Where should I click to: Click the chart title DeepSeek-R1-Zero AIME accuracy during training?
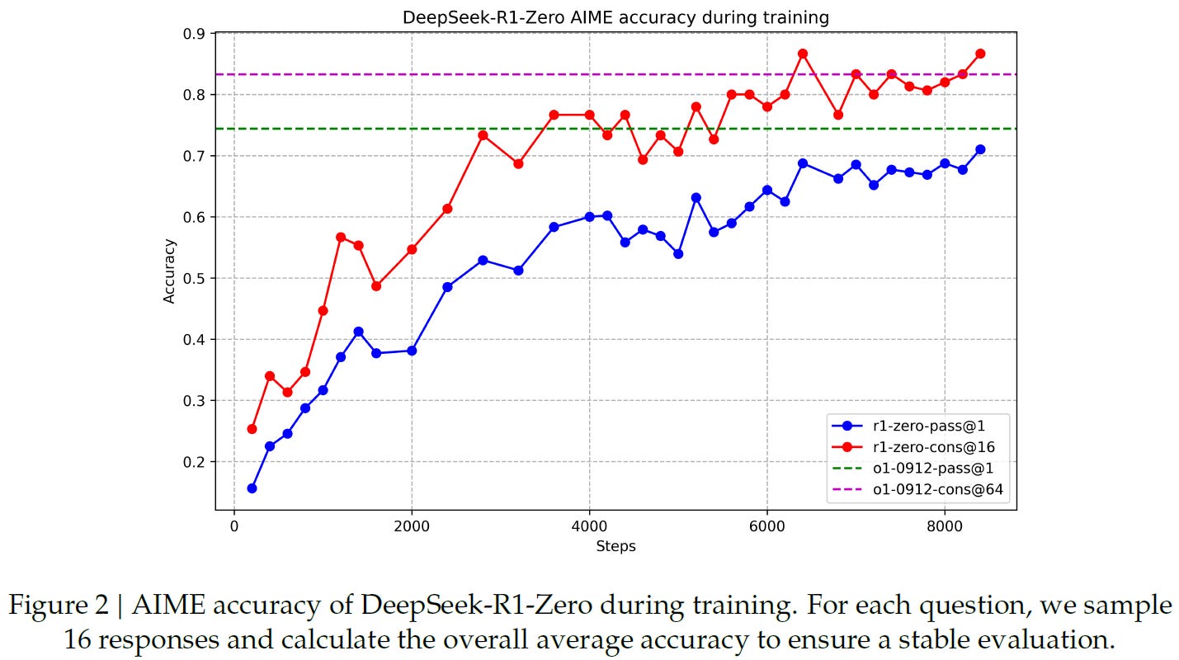615,16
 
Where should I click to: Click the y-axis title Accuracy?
169,271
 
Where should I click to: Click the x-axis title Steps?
615,546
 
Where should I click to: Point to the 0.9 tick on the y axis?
195,34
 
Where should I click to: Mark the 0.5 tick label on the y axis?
195,278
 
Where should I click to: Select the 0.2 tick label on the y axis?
195,462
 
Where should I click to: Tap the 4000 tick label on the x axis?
589,526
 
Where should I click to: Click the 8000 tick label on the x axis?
945,526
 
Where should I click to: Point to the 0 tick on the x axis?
233,526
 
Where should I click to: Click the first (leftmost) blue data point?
252,488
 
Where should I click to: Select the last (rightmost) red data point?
980,54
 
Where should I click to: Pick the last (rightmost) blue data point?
980,149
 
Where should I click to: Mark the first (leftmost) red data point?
252,429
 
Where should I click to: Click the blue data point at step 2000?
412,351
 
